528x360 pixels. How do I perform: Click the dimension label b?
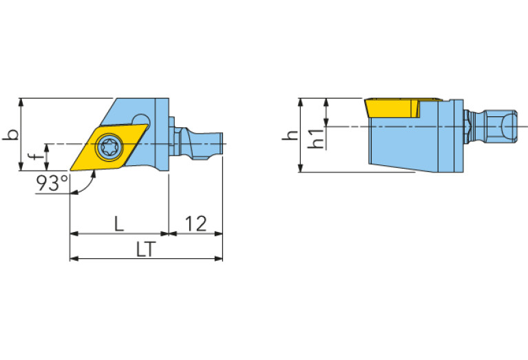pyautogui.click(x=10, y=135)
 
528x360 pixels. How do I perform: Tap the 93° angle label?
pyautogui.click(x=52, y=184)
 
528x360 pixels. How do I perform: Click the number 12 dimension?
pyautogui.click(x=196, y=223)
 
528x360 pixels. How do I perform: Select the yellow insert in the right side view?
pyautogui.click(x=391, y=107)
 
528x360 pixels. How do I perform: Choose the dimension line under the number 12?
pyautogui.click(x=196, y=234)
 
